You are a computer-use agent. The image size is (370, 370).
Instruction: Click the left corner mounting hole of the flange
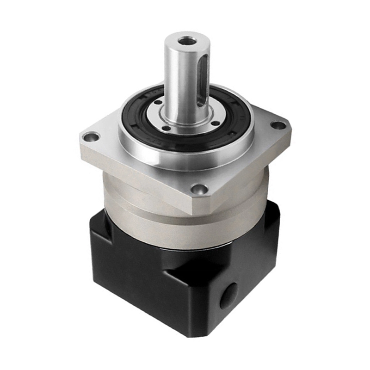91,137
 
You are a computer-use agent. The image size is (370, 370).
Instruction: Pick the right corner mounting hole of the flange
278,125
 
